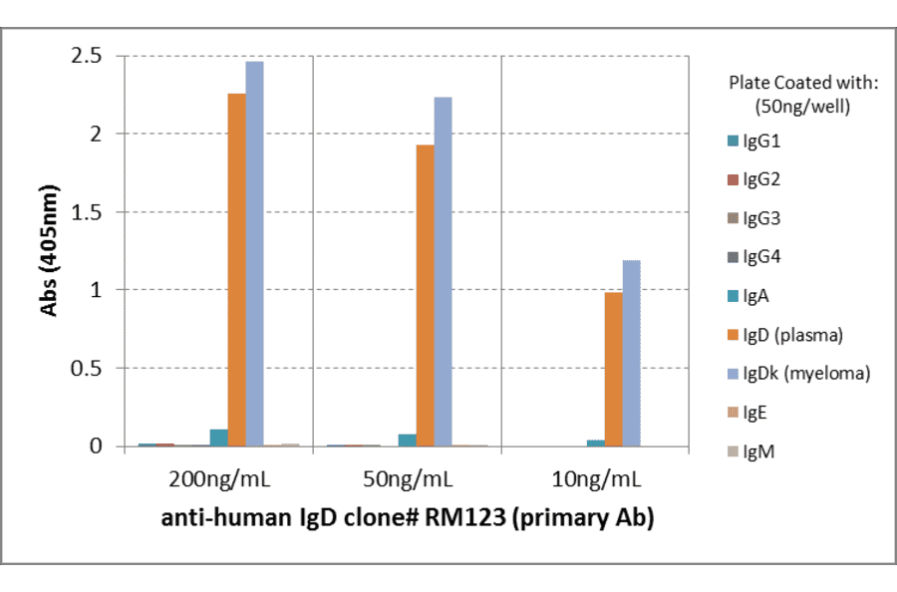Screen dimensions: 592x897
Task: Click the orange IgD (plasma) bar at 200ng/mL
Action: pyautogui.click(x=236, y=269)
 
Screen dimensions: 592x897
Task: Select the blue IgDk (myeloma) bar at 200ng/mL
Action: pyautogui.click(x=254, y=254)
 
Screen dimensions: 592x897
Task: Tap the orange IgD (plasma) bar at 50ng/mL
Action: pyautogui.click(x=425, y=295)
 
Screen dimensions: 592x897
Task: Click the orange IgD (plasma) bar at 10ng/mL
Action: pyautogui.click(x=613, y=369)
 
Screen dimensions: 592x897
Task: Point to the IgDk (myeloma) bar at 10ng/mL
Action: pyautogui.click(x=631, y=353)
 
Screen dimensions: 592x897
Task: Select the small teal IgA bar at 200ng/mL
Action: pyautogui.click(x=218, y=439)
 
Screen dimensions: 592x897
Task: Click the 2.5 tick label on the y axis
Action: pyautogui.click(x=89, y=56)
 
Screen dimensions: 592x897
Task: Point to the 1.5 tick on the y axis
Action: pyautogui.click(x=89, y=212)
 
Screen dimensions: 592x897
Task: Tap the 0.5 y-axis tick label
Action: pyautogui.click(x=89, y=368)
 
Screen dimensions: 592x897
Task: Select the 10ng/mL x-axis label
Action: pyautogui.click(x=594, y=479)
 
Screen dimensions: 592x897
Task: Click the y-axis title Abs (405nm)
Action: pyautogui.click(x=47, y=250)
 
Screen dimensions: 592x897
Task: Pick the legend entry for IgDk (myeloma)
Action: pyautogui.click(x=806, y=374)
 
